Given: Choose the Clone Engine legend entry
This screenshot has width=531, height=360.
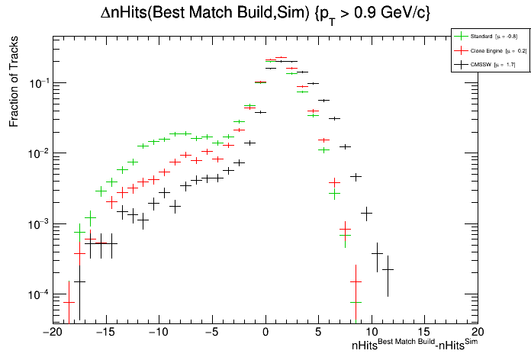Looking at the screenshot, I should (x=488, y=50).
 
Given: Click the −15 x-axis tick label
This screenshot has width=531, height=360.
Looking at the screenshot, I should (x=105, y=333).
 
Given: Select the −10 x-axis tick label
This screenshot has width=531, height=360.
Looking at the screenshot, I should (x=159, y=333).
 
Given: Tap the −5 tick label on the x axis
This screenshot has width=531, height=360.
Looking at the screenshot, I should (x=212, y=333).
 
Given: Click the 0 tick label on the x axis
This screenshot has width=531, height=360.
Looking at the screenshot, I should (x=265, y=333).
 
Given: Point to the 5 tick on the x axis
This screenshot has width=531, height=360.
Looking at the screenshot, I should (x=318, y=333).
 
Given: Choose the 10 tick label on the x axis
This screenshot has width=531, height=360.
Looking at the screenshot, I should (x=372, y=333).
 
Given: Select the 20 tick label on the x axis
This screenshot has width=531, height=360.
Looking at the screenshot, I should (x=478, y=333).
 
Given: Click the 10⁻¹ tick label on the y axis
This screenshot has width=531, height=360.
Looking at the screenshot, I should (x=37, y=82).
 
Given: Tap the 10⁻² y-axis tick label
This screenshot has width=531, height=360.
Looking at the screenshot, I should (x=37, y=153).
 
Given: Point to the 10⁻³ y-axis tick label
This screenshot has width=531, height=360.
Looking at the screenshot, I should (x=37, y=223).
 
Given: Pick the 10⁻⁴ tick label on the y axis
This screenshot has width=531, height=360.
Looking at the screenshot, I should (x=37, y=294).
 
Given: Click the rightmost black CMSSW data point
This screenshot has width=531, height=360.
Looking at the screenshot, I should (x=388, y=269).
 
